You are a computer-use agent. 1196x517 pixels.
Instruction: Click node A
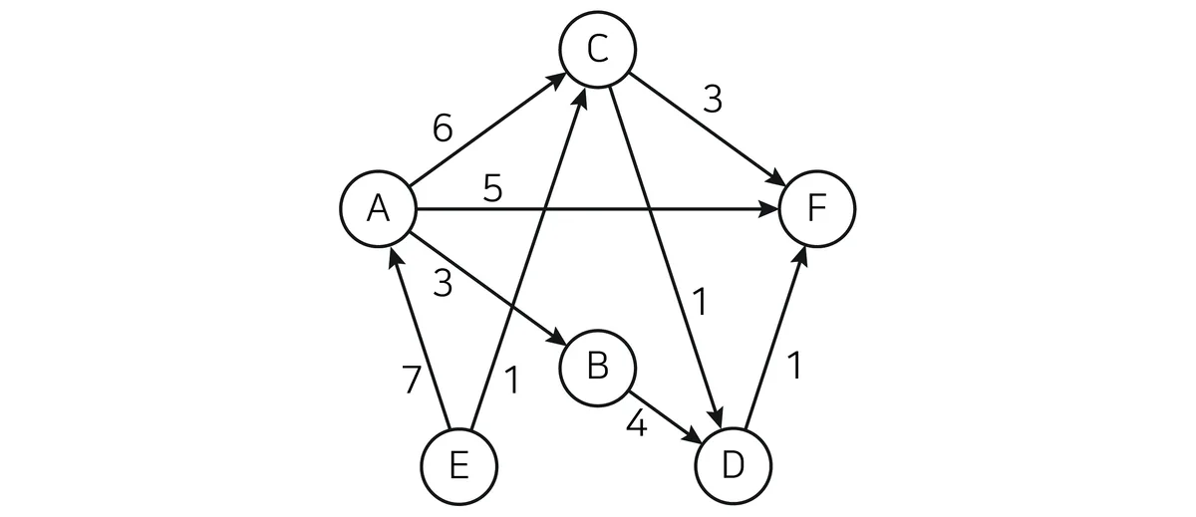coord(378,208)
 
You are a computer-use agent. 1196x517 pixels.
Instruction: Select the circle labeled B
coord(597,369)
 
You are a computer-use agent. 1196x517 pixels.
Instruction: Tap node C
coord(597,49)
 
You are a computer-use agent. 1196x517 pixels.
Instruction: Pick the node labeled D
coord(734,466)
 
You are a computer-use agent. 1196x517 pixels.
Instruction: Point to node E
coord(458,466)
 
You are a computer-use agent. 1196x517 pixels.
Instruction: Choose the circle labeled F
coord(817,208)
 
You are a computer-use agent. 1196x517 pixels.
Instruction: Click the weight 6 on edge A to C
coord(443,129)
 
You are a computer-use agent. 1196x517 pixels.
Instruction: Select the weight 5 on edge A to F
coord(492,188)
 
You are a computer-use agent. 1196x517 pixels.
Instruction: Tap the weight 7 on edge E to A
coord(411,380)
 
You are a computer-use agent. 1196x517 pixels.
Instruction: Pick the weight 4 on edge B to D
coord(637,425)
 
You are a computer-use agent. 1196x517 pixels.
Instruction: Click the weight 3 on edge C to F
coord(713,100)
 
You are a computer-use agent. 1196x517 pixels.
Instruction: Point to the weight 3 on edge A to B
coord(443,283)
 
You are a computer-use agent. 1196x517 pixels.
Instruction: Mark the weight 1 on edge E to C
coord(511,381)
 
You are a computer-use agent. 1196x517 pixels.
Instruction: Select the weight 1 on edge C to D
coord(700,302)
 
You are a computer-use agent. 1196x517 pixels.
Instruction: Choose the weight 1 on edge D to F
coord(795,366)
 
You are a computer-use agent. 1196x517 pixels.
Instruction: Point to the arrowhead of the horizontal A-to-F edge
coord(769,208)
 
